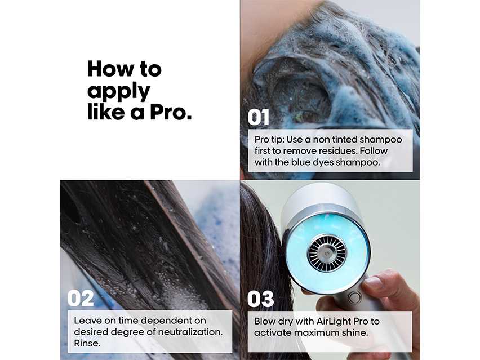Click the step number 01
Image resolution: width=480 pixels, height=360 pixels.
click(x=259, y=118)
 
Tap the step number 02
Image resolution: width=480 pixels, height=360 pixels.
click(x=80, y=299)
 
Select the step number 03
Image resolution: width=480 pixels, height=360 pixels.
click(x=260, y=299)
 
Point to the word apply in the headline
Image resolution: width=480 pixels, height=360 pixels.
click(x=118, y=91)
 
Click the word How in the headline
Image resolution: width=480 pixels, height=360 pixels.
click(x=108, y=69)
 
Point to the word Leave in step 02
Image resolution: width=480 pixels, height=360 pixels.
click(x=87, y=320)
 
